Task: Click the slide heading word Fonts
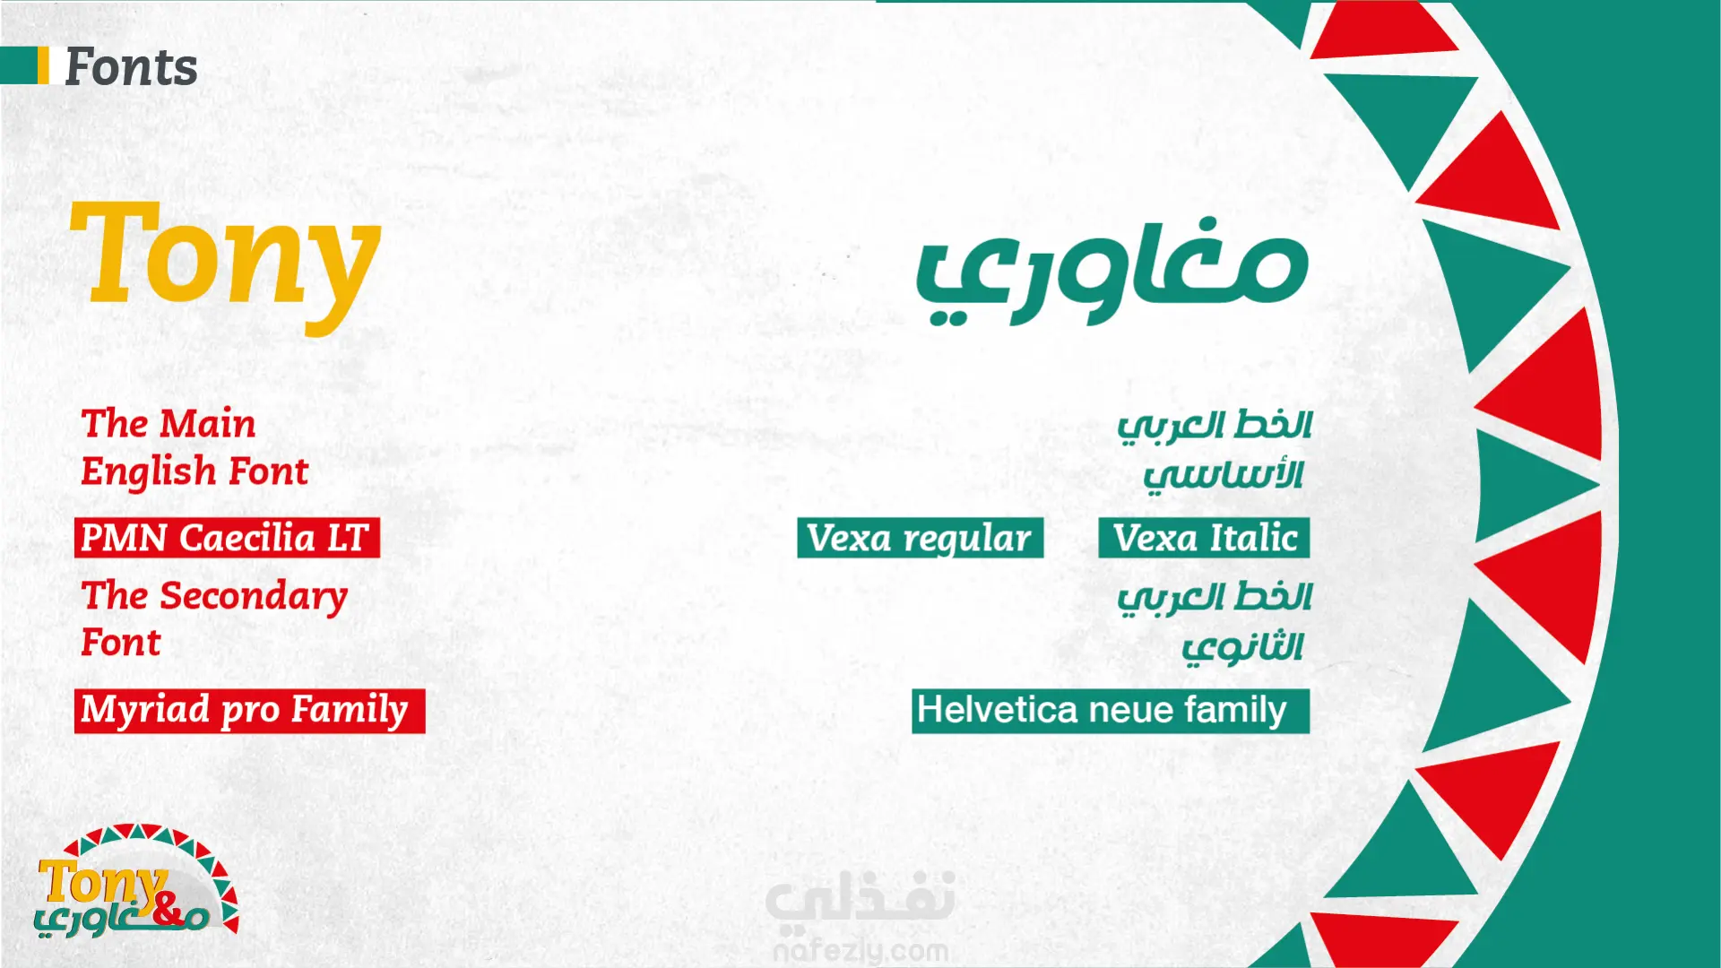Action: coord(131,67)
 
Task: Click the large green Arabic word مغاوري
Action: coord(1111,271)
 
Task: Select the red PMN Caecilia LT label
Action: coord(227,538)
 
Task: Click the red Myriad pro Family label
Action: coord(249,711)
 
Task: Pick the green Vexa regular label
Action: coord(921,538)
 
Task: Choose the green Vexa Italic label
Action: coord(1204,538)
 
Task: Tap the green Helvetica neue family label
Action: coord(1111,711)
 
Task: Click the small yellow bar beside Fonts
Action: coord(43,65)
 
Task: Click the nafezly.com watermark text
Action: coord(860,950)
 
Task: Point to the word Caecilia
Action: coord(246,538)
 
